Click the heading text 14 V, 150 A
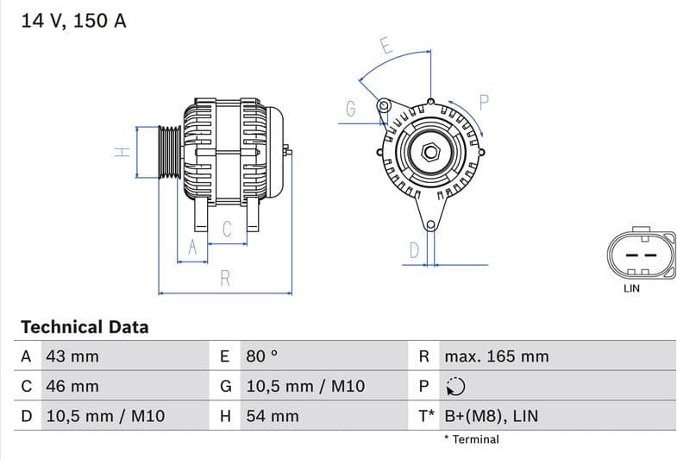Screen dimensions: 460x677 [x=73, y=21]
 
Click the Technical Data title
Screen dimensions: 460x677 [x=85, y=327]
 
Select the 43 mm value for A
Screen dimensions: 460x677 [x=72, y=356]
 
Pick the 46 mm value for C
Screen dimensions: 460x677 [x=72, y=387]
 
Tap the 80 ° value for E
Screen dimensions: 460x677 [x=262, y=356]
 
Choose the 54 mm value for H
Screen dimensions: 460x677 [x=272, y=416]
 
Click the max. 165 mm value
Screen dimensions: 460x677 [x=496, y=356]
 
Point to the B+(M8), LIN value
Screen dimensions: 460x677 [x=491, y=416]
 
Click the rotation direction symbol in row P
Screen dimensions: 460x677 [x=455, y=387]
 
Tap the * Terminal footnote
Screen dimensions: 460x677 [x=471, y=439]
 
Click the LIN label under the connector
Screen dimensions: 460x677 [x=631, y=288]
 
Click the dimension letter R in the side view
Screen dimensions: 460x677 [x=225, y=279]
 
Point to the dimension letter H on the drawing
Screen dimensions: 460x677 [x=122, y=152]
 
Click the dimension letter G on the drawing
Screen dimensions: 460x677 [x=350, y=109]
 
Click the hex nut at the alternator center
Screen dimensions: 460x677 [x=429, y=154]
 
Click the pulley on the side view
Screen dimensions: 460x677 [x=169, y=153]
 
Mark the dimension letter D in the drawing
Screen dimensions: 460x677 [x=414, y=250]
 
